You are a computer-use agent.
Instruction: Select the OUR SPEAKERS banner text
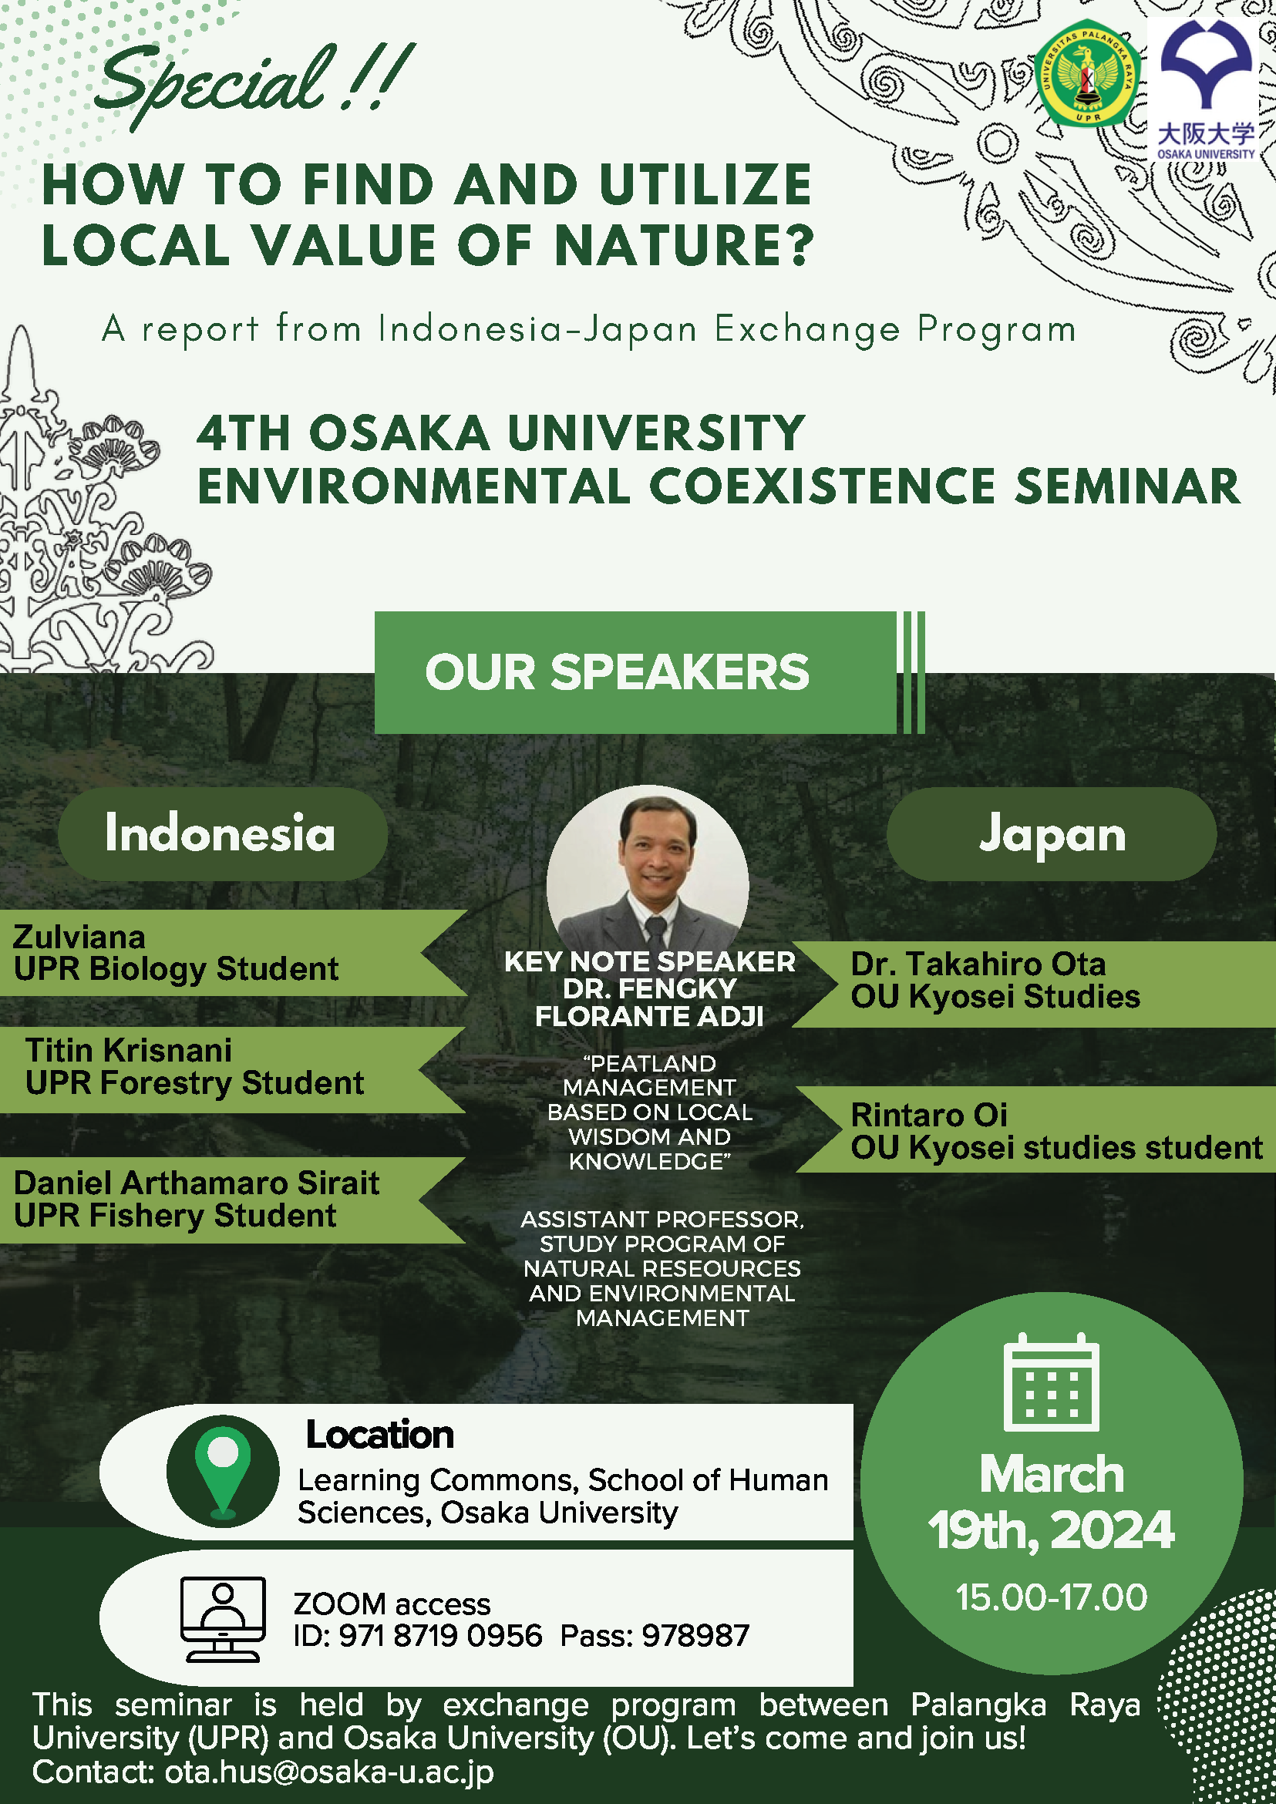(617, 672)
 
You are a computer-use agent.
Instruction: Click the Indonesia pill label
(221, 833)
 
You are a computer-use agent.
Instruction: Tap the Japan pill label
(1052, 833)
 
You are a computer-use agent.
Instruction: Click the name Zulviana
(79, 937)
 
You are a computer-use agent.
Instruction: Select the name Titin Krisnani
(129, 1050)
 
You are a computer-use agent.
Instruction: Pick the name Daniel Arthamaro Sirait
(197, 1183)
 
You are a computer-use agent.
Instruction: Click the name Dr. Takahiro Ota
(978, 963)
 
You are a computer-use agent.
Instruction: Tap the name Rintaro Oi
(929, 1114)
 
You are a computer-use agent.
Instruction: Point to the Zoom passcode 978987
(695, 1636)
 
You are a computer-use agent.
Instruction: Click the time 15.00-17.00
(1052, 1597)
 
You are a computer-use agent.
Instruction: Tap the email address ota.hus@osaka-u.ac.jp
(329, 1772)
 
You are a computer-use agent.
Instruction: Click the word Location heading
(379, 1435)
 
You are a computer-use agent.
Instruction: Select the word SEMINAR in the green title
(1126, 486)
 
